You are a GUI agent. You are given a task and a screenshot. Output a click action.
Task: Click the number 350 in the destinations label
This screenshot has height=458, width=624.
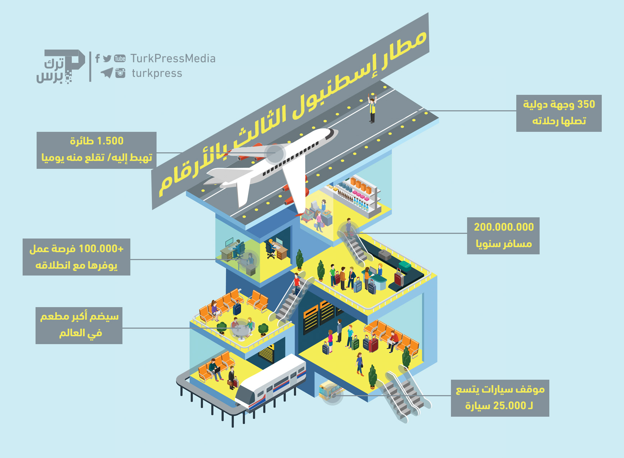coord(586,104)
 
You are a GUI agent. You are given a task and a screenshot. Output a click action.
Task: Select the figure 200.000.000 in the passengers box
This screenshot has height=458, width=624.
coord(504,227)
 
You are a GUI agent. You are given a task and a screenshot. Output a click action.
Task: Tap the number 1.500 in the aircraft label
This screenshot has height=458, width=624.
coord(110,141)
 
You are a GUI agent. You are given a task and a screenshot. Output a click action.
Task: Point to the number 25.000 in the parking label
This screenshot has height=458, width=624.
coord(509,406)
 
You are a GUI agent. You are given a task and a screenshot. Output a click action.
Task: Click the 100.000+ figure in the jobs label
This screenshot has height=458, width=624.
coord(101,249)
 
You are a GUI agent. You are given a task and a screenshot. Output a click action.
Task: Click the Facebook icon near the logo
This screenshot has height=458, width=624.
coord(97,58)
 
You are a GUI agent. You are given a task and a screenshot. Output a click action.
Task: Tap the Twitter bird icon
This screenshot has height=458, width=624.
coord(107,59)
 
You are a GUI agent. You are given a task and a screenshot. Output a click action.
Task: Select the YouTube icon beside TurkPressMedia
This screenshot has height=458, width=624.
coord(120,59)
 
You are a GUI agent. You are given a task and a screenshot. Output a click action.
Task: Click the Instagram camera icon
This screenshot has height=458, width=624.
coord(120,73)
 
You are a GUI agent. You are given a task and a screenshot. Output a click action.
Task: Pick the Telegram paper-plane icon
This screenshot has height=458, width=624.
coord(107,73)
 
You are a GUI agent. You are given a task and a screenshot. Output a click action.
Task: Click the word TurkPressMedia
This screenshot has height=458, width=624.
coord(173,58)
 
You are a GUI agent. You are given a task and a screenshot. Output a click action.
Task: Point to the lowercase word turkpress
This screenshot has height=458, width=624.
coord(157,73)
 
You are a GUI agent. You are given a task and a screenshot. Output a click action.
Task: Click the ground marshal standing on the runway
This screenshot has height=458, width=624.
coord(372,108)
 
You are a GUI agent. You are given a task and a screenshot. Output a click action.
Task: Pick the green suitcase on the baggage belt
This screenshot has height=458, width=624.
coord(405,266)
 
